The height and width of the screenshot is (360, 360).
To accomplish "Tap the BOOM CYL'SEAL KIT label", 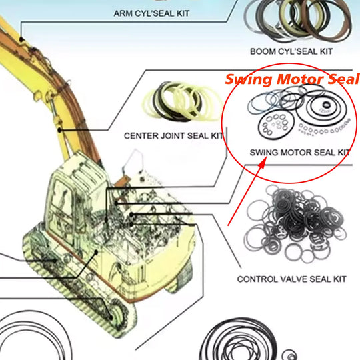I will (x=291, y=51).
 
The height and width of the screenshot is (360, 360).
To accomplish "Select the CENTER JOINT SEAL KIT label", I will (x=174, y=135).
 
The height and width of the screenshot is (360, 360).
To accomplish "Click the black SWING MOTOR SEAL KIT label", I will (x=299, y=152).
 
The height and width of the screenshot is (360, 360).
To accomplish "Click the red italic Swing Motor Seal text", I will (x=292, y=79).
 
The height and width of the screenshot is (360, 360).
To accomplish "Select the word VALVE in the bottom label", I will (x=292, y=279).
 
